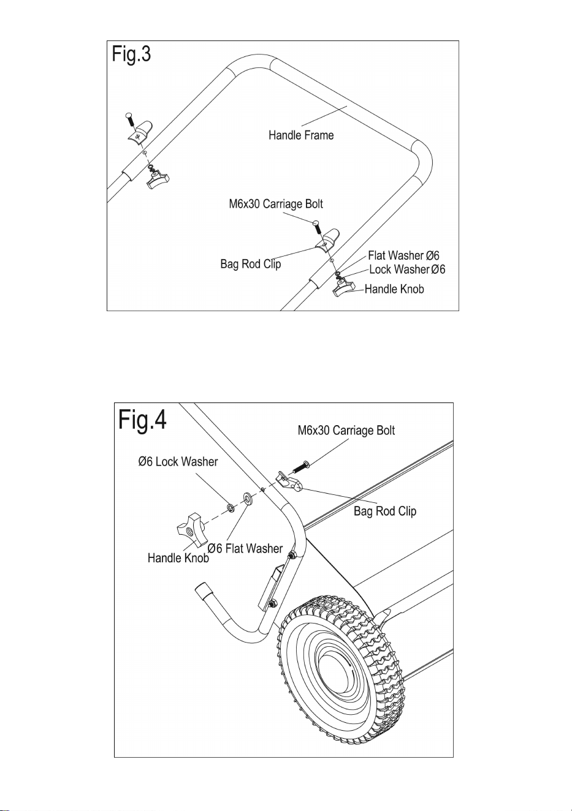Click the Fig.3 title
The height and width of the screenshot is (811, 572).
[131, 55]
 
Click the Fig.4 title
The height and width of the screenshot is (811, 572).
[142, 420]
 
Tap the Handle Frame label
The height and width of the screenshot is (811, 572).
[301, 135]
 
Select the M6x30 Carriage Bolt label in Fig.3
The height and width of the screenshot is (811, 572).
[276, 204]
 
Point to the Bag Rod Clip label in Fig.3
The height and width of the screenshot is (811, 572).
[251, 263]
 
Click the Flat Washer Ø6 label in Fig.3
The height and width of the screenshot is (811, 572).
[403, 255]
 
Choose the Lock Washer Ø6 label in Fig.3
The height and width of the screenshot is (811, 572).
[407, 270]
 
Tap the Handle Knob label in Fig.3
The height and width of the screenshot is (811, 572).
[394, 289]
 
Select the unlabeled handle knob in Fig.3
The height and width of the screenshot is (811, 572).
[158, 180]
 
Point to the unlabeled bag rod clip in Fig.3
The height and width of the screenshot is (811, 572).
[140, 130]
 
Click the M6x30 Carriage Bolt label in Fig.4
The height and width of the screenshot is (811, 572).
[346, 430]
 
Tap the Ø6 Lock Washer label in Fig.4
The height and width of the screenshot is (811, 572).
[178, 462]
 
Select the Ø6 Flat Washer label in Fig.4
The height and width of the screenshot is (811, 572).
[245, 548]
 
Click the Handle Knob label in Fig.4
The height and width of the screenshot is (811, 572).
[178, 558]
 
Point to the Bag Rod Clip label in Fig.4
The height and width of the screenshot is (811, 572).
[385, 511]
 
